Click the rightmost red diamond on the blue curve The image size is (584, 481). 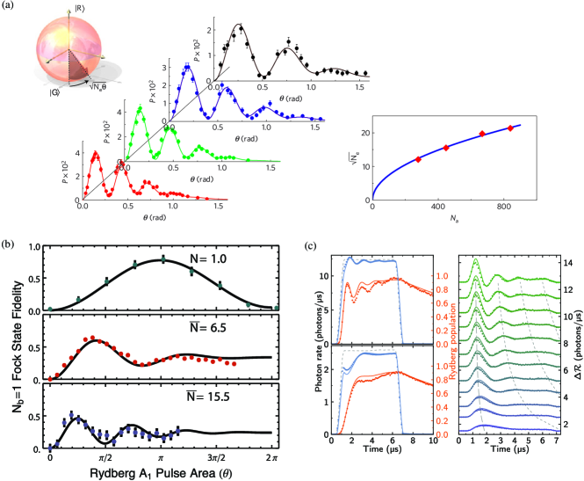pyautogui.click(x=510, y=128)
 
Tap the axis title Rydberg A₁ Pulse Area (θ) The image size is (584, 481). pyautogui.click(x=139, y=473)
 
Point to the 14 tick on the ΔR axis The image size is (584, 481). pyautogui.click(x=569, y=263)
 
